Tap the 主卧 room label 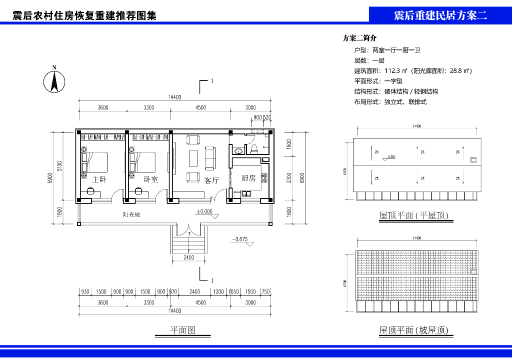(x=98, y=179)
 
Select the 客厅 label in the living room (x=212, y=180)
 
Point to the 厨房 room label (x=248, y=178)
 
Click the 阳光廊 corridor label (x=131, y=215)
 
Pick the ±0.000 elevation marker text (x=204, y=211)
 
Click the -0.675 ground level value (x=240, y=239)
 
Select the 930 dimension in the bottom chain (x=85, y=291)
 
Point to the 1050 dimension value (x=233, y=291)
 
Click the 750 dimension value (x=265, y=291)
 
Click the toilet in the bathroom (x=254, y=148)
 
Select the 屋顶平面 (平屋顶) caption (x=413, y=215)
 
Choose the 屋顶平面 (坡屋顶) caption (x=413, y=330)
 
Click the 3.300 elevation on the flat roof (x=391, y=156)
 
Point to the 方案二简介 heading (x=359, y=38)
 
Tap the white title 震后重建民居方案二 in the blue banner (x=440, y=15)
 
